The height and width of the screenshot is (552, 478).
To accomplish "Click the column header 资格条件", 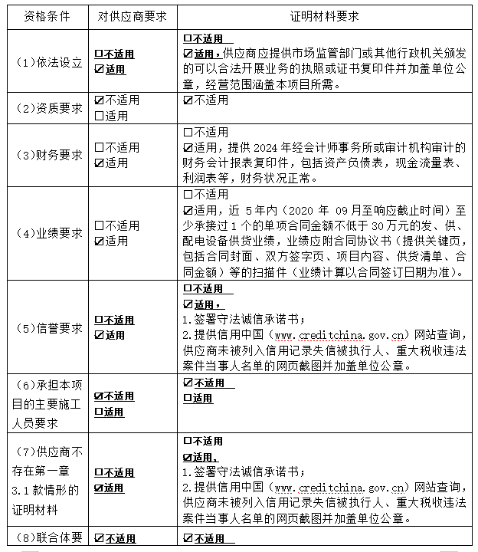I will (49, 15).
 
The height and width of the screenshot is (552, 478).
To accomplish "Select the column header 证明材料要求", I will (325, 15).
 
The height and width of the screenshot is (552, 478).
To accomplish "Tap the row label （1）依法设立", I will (49, 62).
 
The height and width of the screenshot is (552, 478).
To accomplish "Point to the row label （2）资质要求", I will (49, 108).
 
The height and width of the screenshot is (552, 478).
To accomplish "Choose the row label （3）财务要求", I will (49, 155).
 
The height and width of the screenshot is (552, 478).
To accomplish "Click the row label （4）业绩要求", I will (49, 233).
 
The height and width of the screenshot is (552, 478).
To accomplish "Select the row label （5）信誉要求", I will (49, 327).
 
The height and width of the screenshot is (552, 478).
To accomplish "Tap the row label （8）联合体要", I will (49, 538).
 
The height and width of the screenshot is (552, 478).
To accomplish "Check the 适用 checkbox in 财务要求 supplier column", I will (99, 163).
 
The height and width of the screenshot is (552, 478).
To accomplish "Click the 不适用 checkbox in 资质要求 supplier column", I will (99, 100).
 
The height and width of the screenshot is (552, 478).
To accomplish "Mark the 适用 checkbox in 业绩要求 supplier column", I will (99, 241).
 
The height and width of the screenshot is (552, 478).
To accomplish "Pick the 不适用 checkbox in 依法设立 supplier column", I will (99, 54).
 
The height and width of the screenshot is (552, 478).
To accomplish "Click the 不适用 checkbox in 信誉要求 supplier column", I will (99, 320).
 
